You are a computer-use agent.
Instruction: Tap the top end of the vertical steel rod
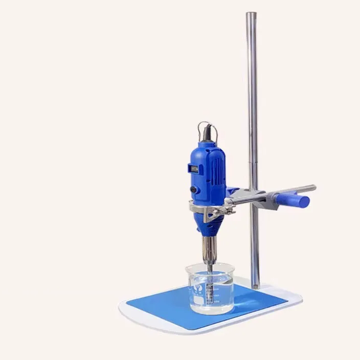[251, 15]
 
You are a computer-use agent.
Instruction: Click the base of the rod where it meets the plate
[254, 284]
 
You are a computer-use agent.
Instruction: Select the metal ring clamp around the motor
[205, 210]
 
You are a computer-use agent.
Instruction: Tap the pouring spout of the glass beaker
[188, 267]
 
